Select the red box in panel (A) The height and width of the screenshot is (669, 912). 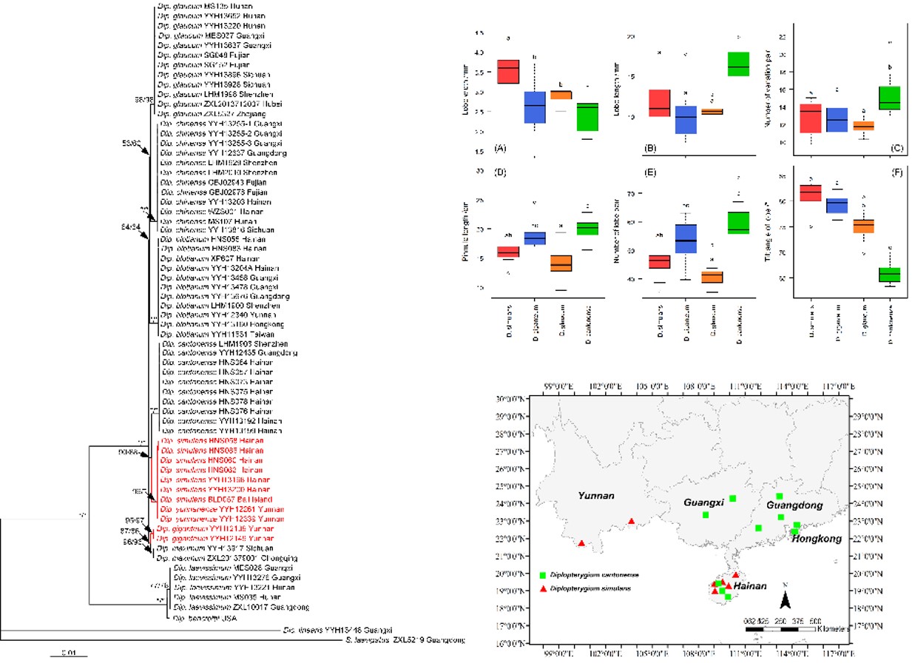[x=507, y=72]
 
